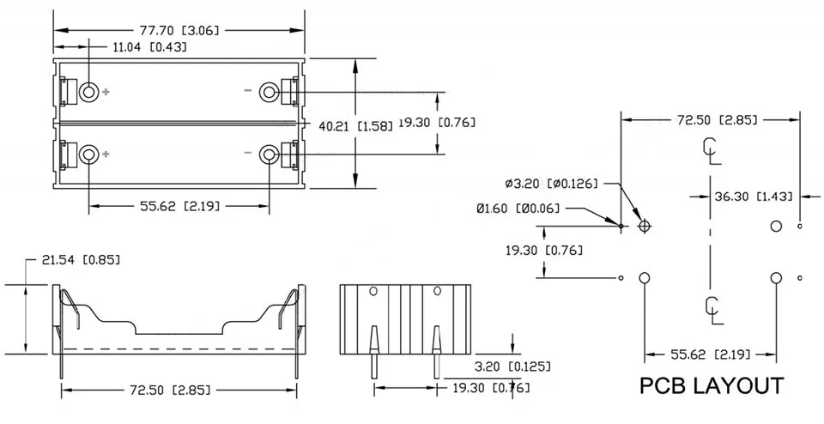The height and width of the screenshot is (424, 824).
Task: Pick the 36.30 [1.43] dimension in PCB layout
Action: tap(753, 197)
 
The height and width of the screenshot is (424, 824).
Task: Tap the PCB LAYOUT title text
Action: tap(712, 385)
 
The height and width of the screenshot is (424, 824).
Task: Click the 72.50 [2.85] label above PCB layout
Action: tap(717, 120)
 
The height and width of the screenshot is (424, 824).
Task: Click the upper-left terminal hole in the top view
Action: tap(89, 91)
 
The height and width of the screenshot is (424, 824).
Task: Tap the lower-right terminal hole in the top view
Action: tap(270, 154)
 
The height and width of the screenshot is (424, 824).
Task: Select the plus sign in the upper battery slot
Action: tap(106, 91)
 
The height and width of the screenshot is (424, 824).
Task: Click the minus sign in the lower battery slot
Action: tap(247, 154)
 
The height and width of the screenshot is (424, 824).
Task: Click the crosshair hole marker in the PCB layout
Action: tap(645, 226)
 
